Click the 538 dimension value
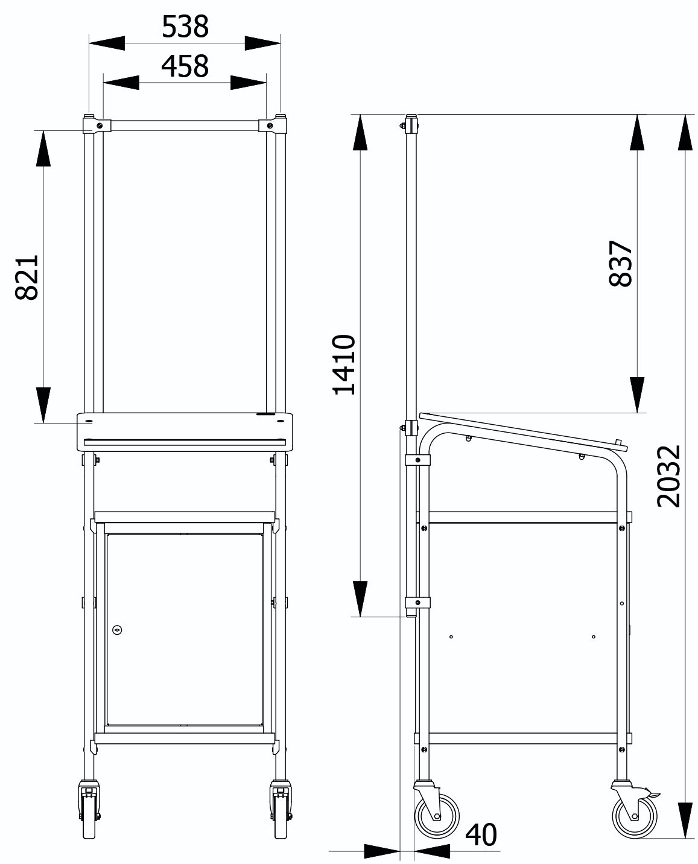tap(185, 27)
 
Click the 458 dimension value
tap(185, 66)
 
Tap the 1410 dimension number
tap(344, 364)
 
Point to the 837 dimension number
tap(621, 264)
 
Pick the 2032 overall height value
tap(668, 476)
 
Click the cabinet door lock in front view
tap(117, 629)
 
